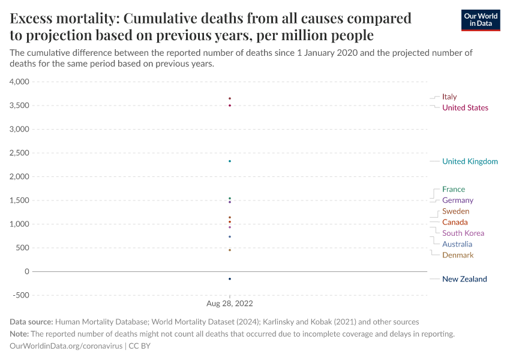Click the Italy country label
tap(449, 97)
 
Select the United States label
tap(465, 108)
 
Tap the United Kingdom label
tap(470, 161)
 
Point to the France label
tap(453, 190)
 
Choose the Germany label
tap(457, 200)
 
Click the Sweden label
tap(455, 211)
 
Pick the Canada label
tap(455, 223)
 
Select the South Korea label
tap(463, 233)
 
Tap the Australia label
tap(457, 244)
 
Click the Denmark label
tap(457, 256)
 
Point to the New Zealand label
tap(464, 279)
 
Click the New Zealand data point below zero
tap(230, 279)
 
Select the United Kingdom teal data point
tap(230, 161)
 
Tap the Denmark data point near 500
tap(230, 250)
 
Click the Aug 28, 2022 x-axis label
tap(230, 304)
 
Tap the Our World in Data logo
tap(480, 20)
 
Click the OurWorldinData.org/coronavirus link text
tap(65, 346)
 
